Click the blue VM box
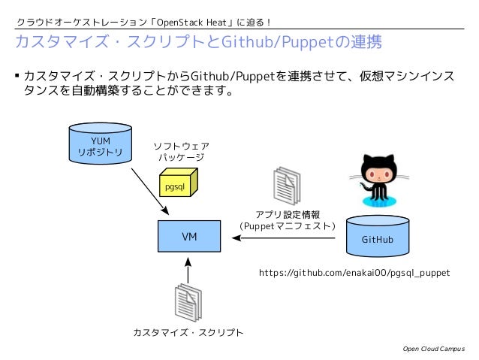point(190,237)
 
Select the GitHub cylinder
point(378,237)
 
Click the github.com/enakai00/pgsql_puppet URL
point(354,273)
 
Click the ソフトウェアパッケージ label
point(181,152)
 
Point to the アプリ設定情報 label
point(288,214)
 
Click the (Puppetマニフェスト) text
point(288,225)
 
